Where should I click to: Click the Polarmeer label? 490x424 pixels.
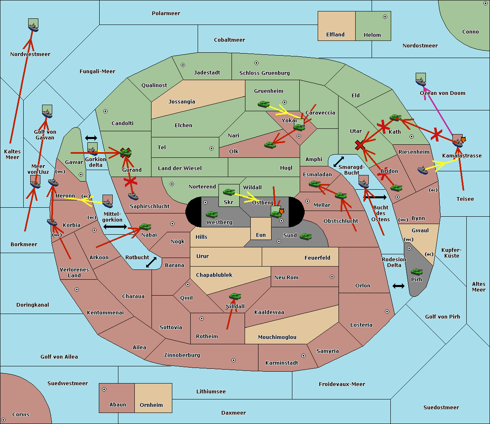coord(166,13)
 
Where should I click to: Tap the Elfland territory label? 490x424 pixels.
coord(335,35)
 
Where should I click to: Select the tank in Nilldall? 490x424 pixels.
coord(235,296)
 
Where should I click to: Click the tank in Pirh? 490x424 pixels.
coord(416,272)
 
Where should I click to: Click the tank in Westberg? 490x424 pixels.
coord(212,214)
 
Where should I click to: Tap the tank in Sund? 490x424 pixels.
coord(305,236)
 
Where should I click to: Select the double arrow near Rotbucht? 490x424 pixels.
coord(151,262)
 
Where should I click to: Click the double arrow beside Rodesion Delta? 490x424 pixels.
coord(399,286)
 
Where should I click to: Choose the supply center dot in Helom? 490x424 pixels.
coord(385,17)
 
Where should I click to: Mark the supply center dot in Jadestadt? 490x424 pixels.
coord(183,65)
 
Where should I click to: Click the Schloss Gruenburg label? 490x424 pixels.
coord(264,73)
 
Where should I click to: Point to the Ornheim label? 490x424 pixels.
coord(151,405)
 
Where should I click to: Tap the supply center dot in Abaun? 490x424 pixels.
coord(104,389)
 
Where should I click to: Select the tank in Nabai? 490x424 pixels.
coord(145,227)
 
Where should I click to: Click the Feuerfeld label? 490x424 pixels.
coord(317,258)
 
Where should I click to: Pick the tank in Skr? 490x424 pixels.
coord(228,191)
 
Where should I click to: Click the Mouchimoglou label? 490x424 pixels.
coord(277,337)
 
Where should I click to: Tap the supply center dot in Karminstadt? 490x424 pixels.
coord(303,356)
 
